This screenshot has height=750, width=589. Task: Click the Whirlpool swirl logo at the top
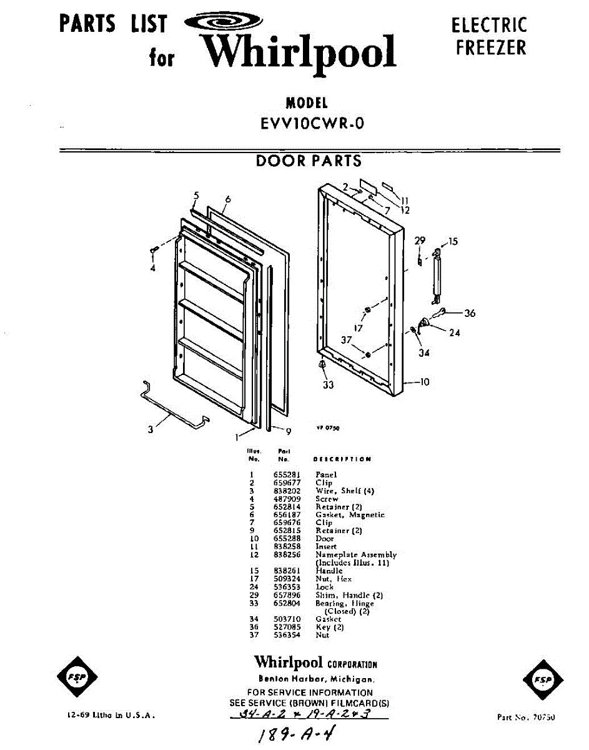pyautogui.click(x=216, y=24)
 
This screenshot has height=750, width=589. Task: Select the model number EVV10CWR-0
pyautogui.click(x=312, y=124)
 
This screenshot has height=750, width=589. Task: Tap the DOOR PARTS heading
pyautogui.click(x=309, y=161)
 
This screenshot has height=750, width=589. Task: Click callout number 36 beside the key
pyautogui.click(x=470, y=313)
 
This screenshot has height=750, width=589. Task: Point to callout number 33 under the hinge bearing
pyautogui.click(x=328, y=385)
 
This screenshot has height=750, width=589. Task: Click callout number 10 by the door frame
pyautogui.click(x=425, y=382)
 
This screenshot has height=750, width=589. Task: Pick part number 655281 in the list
pyautogui.click(x=287, y=475)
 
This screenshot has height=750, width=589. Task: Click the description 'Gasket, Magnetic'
pyautogui.click(x=350, y=515)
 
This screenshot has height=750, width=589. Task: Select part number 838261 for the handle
pyautogui.click(x=287, y=571)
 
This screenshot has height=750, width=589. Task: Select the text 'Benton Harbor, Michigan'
pyautogui.click(x=317, y=679)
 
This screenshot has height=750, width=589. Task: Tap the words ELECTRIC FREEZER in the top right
pyautogui.click(x=490, y=36)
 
